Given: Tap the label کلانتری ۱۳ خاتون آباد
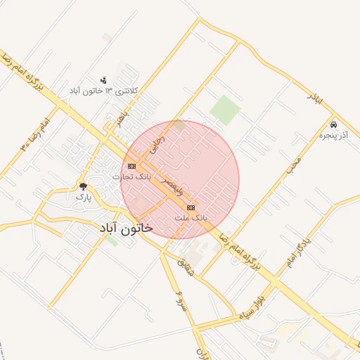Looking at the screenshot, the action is click(x=105, y=91).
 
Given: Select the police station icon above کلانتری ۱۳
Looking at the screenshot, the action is click(x=103, y=80).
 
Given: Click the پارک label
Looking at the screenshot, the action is click(x=83, y=198).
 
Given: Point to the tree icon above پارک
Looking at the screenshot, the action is click(x=83, y=186).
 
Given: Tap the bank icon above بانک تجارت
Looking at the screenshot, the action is click(x=131, y=166).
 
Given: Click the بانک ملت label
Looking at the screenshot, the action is click(x=191, y=219).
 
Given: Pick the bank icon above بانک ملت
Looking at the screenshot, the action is click(x=191, y=207).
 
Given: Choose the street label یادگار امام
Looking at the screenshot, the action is click(x=298, y=252).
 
